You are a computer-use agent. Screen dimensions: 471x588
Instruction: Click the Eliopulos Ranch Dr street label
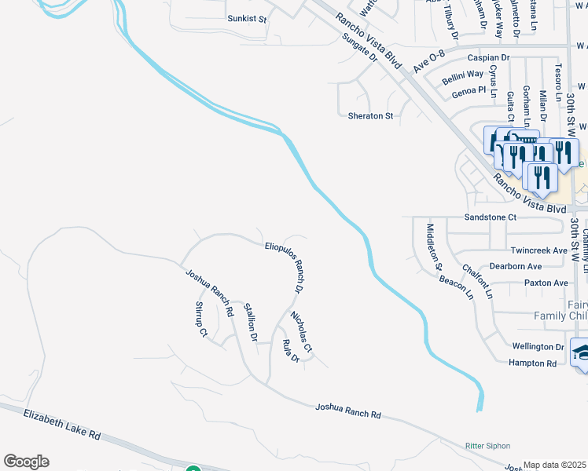click(x=285, y=267)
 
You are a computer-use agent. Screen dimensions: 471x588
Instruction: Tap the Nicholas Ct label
click(x=302, y=332)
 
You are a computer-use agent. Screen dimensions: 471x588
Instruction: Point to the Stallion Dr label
click(x=251, y=323)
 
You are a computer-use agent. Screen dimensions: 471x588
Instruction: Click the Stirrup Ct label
click(x=200, y=319)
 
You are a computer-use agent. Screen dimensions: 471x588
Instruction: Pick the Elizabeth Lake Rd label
click(x=63, y=424)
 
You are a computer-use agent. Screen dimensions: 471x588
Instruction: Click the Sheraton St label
click(x=370, y=116)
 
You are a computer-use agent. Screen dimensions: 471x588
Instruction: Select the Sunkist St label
click(x=247, y=18)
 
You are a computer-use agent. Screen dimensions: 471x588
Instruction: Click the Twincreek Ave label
click(x=538, y=250)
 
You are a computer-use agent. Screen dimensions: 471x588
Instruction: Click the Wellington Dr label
click(x=538, y=346)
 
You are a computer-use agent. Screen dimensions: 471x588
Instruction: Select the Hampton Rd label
click(x=532, y=363)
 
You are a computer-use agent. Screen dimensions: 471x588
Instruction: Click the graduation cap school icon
click(x=581, y=352)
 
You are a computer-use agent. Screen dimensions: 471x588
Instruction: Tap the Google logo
click(x=26, y=462)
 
